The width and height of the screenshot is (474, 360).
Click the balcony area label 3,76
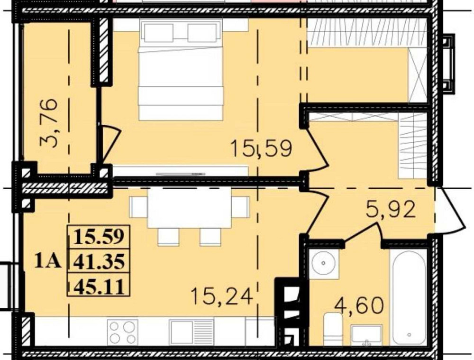pos(49,123)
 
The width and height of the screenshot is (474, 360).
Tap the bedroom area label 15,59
pos(262,149)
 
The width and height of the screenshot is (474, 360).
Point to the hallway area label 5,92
pos(390,209)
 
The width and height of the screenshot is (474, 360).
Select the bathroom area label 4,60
pos(358,305)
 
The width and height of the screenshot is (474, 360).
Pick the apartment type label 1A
pos(48,261)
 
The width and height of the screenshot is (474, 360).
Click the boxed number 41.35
pos(99,261)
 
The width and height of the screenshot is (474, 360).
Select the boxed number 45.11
pos(99,286)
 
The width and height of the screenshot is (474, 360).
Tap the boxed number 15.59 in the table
pos(99,237)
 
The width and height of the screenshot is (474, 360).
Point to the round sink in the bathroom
pos(323,263)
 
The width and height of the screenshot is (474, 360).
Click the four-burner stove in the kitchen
pos(122,332)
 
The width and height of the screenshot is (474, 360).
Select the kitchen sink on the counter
pos(191,332)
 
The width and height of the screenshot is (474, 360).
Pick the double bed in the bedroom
pos(181,69)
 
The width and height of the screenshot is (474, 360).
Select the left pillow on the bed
pos(159,32)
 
